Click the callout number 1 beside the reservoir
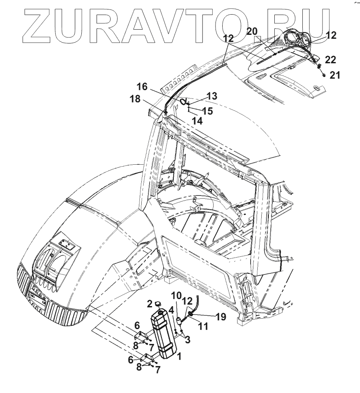[x=180, y=356]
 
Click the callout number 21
[x=334, y=75]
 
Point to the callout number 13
[x=212, y=96]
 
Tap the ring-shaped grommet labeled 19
[x=190, y=313]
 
